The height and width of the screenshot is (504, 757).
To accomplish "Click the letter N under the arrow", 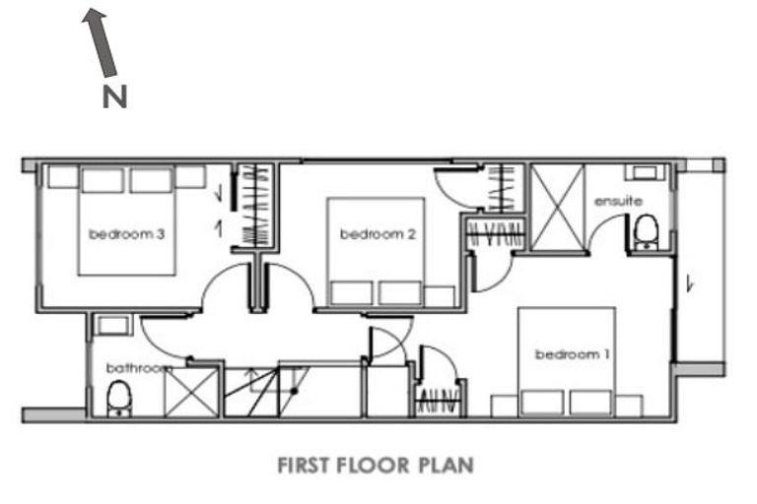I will click(x=115, y=97).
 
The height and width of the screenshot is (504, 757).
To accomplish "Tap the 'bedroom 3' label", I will click(x=125, y=234).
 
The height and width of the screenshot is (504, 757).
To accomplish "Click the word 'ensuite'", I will click(x=618, y=202).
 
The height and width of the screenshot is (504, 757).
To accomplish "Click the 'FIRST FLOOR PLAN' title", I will click(x=376, y=464).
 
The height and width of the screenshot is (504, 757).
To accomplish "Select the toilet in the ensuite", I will click(x=647, y=231).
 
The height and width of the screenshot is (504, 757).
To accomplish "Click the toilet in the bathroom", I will click(x=117, y=399).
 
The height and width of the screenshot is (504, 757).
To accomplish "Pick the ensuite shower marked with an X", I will click(x=557, y=209).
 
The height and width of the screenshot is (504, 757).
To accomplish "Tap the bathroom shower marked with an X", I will click(x=190, y=392).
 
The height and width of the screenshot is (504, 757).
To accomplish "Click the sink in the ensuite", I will click(x=648, y=173).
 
